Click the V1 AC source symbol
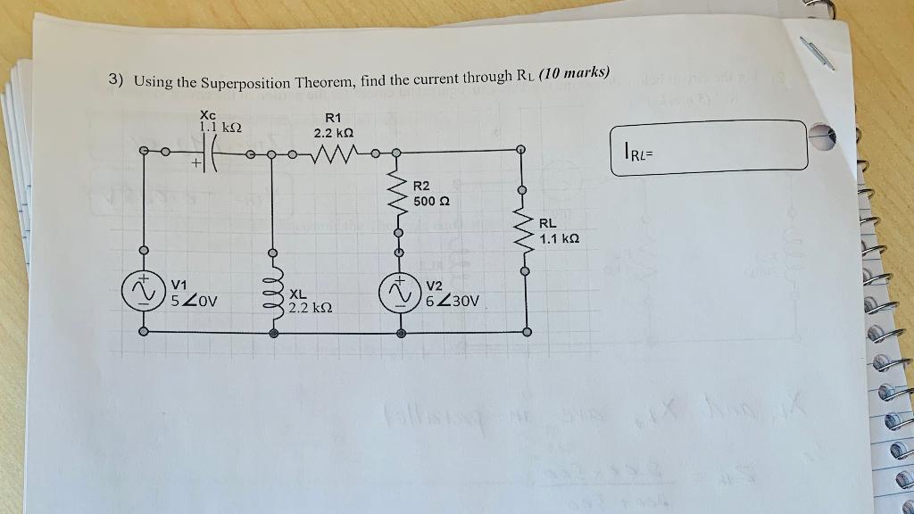[x=142, y=291]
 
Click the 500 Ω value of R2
[x=431, y=202]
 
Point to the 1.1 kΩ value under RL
[x=559, y=239]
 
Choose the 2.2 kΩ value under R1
[x=334, y=132]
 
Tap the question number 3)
[x=116, y=79]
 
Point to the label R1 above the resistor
[x=333, y=117]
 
